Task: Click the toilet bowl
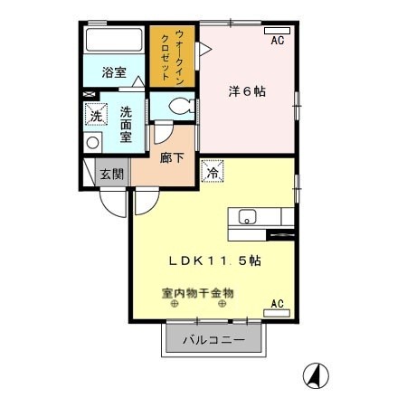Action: pyautogui.click(x=175, y=106)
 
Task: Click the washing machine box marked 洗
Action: pyautogui.click(x=95, y=115)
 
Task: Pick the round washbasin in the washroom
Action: pyautogui.click(x=92, y=143)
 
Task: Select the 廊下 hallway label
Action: pyautogui.click(x=172, y=155)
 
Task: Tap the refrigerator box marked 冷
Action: pyautogui.click(x=213, y=171)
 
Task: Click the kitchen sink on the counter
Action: pyautogui.click(x=248, y=217)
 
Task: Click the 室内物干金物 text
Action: pyautogui.click(x=198, y=293)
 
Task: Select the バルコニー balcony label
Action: pyautogui.click(x=213, y=341)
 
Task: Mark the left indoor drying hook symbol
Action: pyautogui.click(x=172, y=305)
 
